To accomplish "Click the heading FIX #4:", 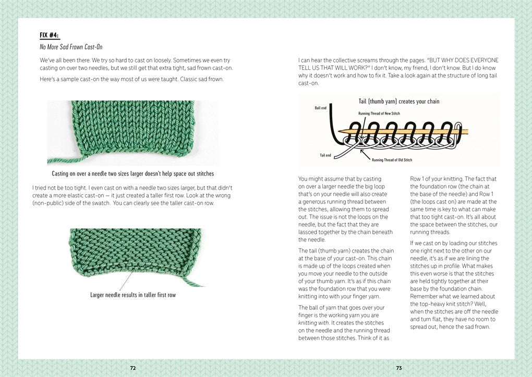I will pos(50,35).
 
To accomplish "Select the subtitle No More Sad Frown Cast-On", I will pos(71,47).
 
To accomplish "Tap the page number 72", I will pos(133,368).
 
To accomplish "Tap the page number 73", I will pos(398,368).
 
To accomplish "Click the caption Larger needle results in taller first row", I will pos(133,295).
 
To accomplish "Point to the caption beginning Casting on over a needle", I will pos(133,173).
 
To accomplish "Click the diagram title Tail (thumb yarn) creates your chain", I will pos(398,102).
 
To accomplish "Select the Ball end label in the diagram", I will pos(321,108).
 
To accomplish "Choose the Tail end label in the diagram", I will pos(325,155).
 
